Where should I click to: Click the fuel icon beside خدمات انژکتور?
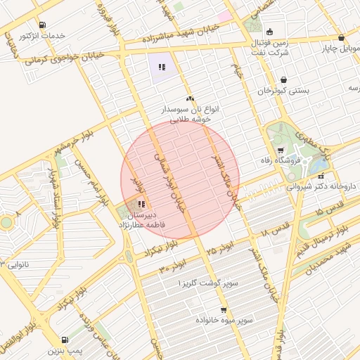43,25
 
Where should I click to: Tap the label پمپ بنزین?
66,349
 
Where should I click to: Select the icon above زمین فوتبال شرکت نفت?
269,32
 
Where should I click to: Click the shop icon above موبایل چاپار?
341,38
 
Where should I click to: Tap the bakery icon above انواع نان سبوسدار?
190,99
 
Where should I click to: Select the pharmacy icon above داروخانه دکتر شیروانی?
321,176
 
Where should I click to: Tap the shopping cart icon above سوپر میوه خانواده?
224,309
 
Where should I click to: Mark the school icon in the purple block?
162,67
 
